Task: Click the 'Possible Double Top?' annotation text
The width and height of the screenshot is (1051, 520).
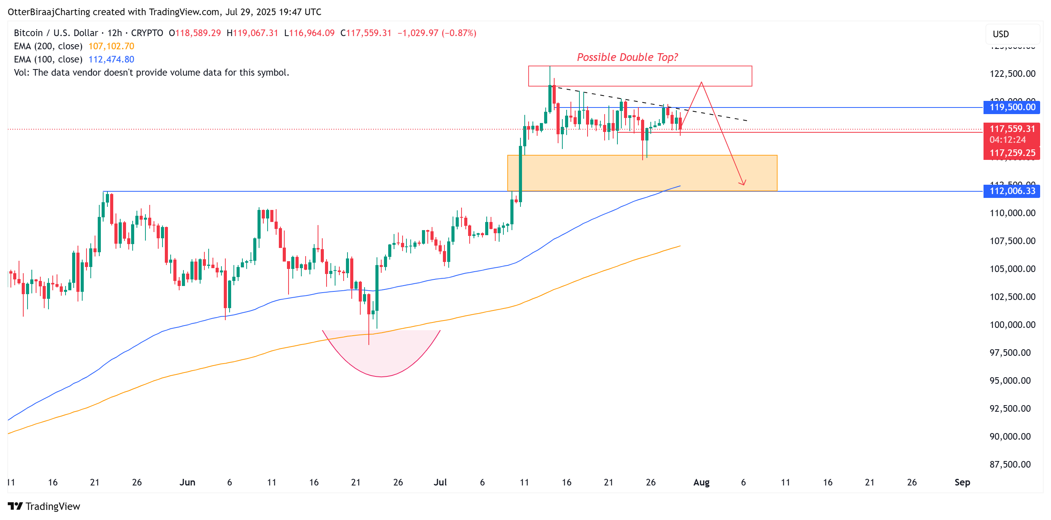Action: (x=627, y=57)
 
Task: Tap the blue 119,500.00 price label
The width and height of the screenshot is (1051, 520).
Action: (x=1012, y=107)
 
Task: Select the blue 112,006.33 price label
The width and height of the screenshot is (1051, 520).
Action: (x=1012, y=191)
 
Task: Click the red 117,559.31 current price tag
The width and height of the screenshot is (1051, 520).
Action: (x=1012, y=129)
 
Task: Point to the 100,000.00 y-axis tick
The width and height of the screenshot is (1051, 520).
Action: (x=1012, y=325)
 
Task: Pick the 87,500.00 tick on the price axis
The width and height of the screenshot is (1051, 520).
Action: (x=1010, y=465)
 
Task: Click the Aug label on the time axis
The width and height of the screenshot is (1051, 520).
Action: (x=701, y=482)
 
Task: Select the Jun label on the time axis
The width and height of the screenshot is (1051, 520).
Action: (x=187, y=482)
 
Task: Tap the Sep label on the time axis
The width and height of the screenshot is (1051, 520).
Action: (x=962, y=482)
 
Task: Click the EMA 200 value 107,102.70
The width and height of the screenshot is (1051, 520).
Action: (x=111, y=46)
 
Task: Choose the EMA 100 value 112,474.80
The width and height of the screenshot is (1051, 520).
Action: (x=111, y=59)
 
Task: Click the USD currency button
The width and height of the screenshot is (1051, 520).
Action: (x=1001, y=34)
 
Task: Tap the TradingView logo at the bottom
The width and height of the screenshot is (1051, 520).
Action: (x=44, y=506)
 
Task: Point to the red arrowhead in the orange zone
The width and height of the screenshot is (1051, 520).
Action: (x=743, y=183)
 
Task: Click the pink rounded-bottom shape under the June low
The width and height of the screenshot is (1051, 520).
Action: (x=381, y=355)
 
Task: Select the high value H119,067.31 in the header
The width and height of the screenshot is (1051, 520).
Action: (x=252, y=33)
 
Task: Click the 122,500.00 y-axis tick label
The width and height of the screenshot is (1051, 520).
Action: (x=1012, y=74)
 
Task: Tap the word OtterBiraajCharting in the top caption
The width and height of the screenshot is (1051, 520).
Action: (x=49, y=12)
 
